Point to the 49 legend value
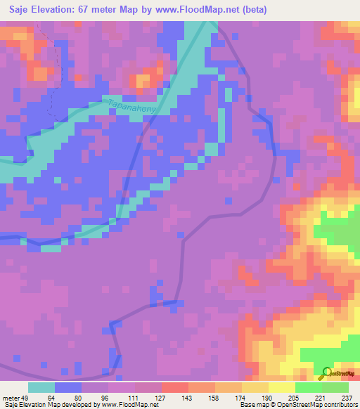[x=28, y=397]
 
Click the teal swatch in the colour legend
[x=41, y=387]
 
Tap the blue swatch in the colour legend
[x=68, y=387]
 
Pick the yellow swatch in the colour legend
[x=282, y=387]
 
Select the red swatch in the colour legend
[x=175, y=387]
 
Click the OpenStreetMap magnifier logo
[x=326, y=373]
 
